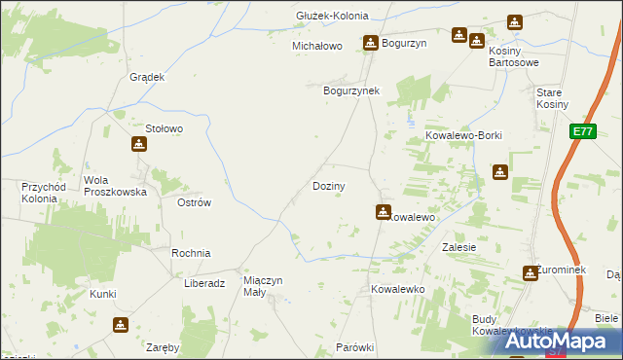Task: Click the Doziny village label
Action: coord(328,185)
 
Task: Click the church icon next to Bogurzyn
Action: coord(371,43)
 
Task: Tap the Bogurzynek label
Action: coord(351,90)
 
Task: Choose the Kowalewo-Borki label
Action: coord(463,136)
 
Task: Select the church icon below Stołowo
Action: coord(140,145)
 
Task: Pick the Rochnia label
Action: coord(191,253)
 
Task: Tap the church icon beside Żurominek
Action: coord(531,273)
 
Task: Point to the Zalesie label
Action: coord(458,247)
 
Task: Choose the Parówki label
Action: coord(354,347)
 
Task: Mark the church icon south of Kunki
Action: coord(120,325)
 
